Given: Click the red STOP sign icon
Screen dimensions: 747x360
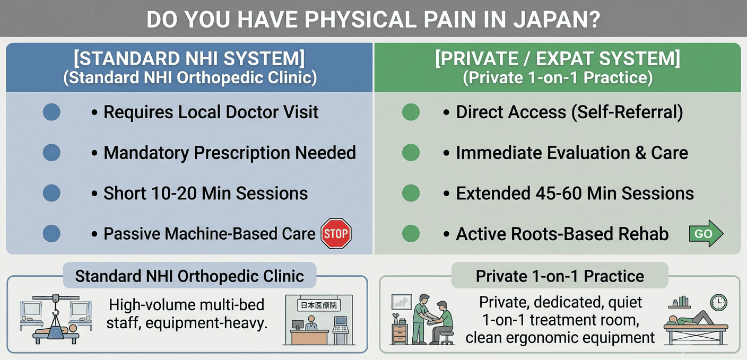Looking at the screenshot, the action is pyautogui.click(x=336, y=233).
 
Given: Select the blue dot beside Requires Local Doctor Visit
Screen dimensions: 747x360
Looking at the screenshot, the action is pyautogui.click(x=51, y=112).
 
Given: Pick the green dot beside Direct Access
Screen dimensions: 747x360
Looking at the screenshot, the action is pyautogui.click(x=411, y=112).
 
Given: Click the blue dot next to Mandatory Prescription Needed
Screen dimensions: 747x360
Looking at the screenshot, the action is pyautogui.click(x=51, y=153).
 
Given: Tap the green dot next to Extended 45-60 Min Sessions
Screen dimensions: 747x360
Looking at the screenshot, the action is pyautogui.click(x=411, y=194).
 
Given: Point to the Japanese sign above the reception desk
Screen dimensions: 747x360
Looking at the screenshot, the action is pyautogui.click(x=319, y=305).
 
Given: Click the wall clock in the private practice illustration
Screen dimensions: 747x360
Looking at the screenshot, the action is pyautogui.click(x=719, y=303).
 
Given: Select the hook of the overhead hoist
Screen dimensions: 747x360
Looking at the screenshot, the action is pyautogui.click(x=56, y=313).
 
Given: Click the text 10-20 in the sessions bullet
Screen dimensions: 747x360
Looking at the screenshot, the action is pyautogui.click(x=173, y=194).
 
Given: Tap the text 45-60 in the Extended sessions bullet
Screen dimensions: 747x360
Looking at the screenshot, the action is pyautogui.click(x=559, y=194).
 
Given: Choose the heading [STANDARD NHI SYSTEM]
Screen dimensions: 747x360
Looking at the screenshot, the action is pyautogui.click(x=189, y=59).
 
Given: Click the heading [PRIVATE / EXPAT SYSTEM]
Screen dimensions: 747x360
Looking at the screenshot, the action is pyautogui.click(x=558, y=59).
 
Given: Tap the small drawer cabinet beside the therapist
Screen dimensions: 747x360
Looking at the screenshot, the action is pyautogui.click(x=400, y=333).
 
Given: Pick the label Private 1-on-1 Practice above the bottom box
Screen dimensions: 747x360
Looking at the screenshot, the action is pyautogui.click(x=560, y=276).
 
